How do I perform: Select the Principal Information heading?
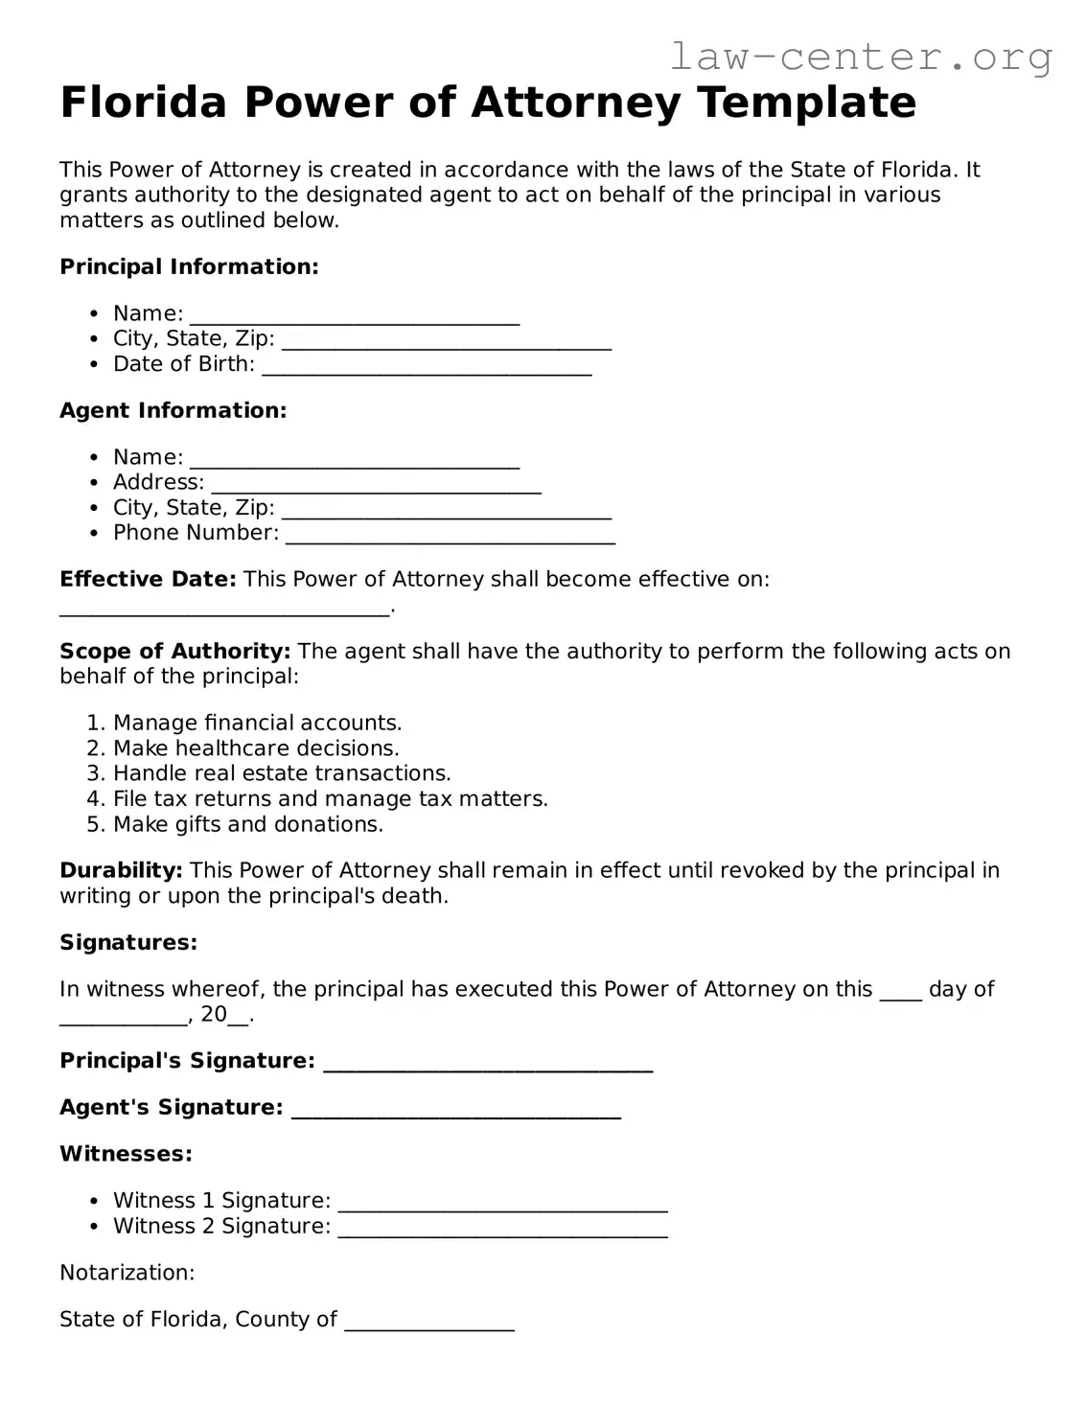coord(189,266)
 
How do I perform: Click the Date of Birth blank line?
coord(427,370)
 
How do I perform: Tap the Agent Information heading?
coord(173,410)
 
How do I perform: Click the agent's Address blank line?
coord(376,489)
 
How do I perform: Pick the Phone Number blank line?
coord(451,539)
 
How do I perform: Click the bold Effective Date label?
coord(148,579)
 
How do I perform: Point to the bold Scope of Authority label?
coord(174,652)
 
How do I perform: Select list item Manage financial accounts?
coord(257,723)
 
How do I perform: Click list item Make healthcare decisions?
coord(256,749)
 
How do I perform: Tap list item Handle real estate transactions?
coord(282,773)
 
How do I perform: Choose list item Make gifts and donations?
coord(247,824)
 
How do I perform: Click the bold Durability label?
coord(121,870)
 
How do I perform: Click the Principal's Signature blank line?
coord(488,1067)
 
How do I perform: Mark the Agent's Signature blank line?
coord(455,1114)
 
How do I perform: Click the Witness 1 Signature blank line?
coord(503,1208)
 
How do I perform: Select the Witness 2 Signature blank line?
coord(503,1232)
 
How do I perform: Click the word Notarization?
coord(127,1273)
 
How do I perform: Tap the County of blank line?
coord(429,1326)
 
